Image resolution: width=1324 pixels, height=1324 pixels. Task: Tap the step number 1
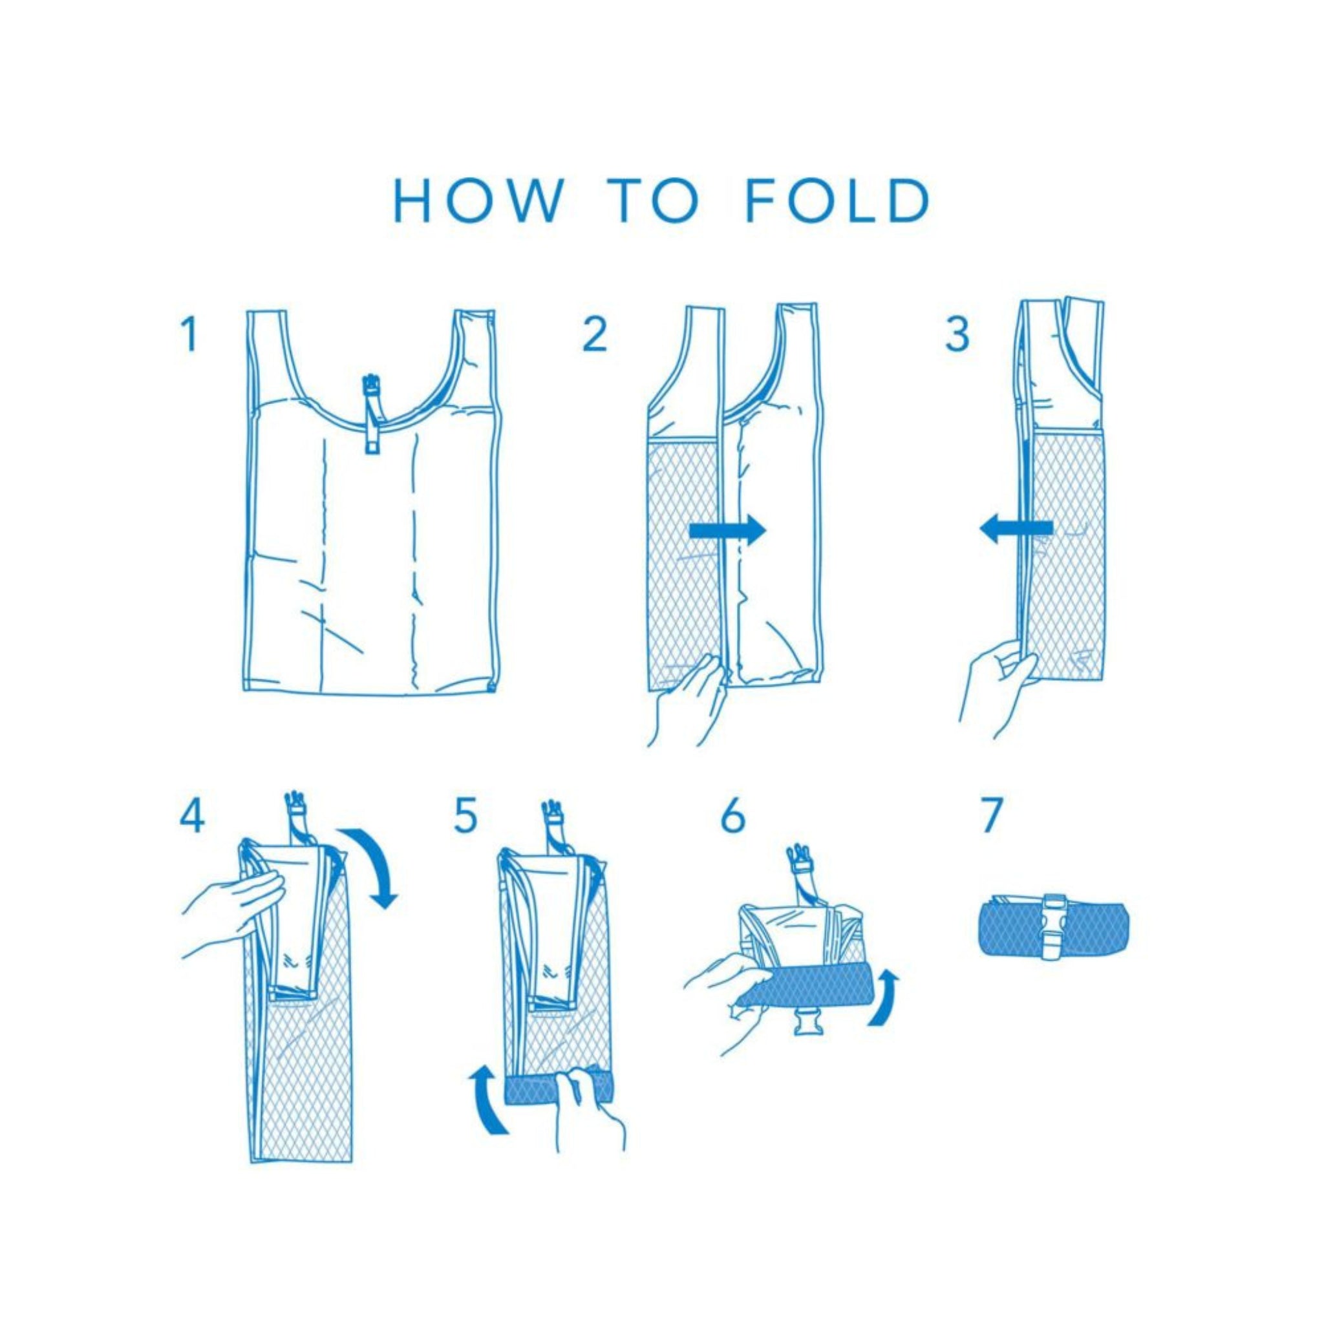(189, 334)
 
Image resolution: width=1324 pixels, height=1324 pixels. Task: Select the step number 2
(594, 334)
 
